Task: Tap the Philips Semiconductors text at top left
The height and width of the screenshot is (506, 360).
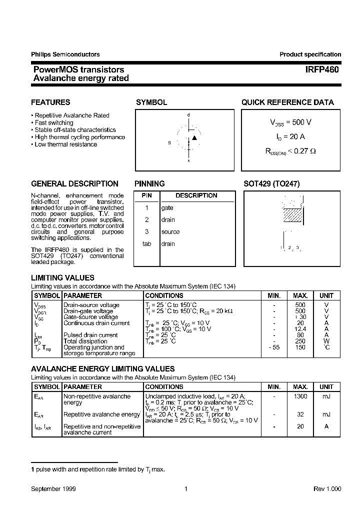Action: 65,54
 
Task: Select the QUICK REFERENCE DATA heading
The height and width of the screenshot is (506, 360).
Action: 287,102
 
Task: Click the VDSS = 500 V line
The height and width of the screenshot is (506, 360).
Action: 290,122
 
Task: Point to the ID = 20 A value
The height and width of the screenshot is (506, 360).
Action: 290,136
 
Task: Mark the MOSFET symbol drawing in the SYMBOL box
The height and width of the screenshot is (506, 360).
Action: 189,139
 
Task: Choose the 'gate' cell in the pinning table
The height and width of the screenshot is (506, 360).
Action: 167,207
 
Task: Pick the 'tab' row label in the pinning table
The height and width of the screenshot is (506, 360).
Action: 146,244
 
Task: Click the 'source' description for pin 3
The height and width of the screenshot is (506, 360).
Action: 170,232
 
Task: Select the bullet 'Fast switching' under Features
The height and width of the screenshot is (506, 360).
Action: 53,122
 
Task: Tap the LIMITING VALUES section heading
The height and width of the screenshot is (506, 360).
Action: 62,278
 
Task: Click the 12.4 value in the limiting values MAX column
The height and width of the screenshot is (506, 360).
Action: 300,329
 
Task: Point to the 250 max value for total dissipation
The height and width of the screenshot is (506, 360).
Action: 300,341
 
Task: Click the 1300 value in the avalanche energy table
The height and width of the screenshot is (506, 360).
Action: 300,396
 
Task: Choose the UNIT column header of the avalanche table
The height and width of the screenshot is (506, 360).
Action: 326,387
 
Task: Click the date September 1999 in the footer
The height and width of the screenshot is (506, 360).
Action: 53,489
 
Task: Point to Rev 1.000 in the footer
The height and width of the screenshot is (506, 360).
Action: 327,489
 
